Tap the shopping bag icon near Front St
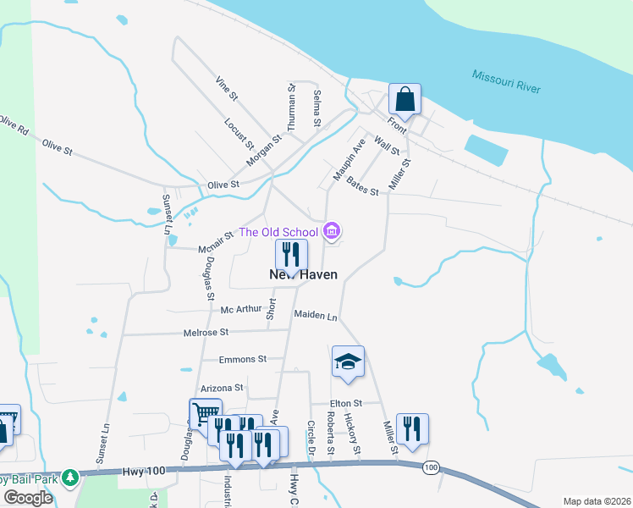405,98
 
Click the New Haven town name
303,274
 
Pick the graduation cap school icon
348,362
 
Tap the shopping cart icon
205,414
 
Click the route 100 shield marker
431,467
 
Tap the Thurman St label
292,107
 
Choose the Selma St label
317,108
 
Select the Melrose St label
206,334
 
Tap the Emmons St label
243,359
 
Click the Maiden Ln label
316,315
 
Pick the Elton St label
346,403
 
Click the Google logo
29,498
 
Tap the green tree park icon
71,478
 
